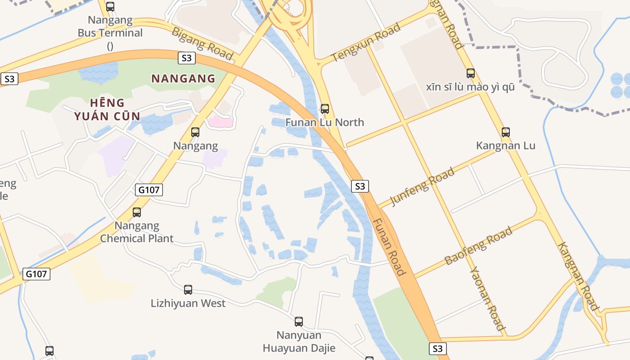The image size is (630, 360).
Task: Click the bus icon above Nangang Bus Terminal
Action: [x=110, y=7]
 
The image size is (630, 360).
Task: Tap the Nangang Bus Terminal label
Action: [x=110, y=27]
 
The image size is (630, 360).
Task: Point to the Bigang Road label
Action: [x=202, y=43]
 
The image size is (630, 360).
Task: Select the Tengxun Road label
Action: [x=365, y=43]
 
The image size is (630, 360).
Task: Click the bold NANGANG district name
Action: [x=183, y=79]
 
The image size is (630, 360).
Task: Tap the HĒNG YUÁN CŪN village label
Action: [x=107, y=109]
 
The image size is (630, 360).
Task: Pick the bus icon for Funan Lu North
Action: [x=324, y=109]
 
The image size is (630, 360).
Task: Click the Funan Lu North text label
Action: [x=324, y=122]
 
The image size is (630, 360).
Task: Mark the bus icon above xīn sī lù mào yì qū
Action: [x=470, y=73]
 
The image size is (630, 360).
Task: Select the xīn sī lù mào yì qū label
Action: [x=470, y=87]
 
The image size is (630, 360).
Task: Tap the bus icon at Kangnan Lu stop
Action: [x=506, y=132]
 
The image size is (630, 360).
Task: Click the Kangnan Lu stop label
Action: [x=506, y=146]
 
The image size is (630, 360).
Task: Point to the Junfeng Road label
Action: [x=422, y=187]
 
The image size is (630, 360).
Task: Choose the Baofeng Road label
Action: [x=478, y=246]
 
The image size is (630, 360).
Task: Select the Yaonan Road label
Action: [x=487, y=298]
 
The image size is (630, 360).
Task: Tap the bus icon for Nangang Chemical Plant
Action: [x=136, y=212]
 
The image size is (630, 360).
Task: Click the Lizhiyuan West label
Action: [x=188, y=303]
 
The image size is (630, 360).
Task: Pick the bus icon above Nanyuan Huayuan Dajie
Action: [x=299, y=322]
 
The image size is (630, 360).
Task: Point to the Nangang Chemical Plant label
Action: [x=136, y=232]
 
